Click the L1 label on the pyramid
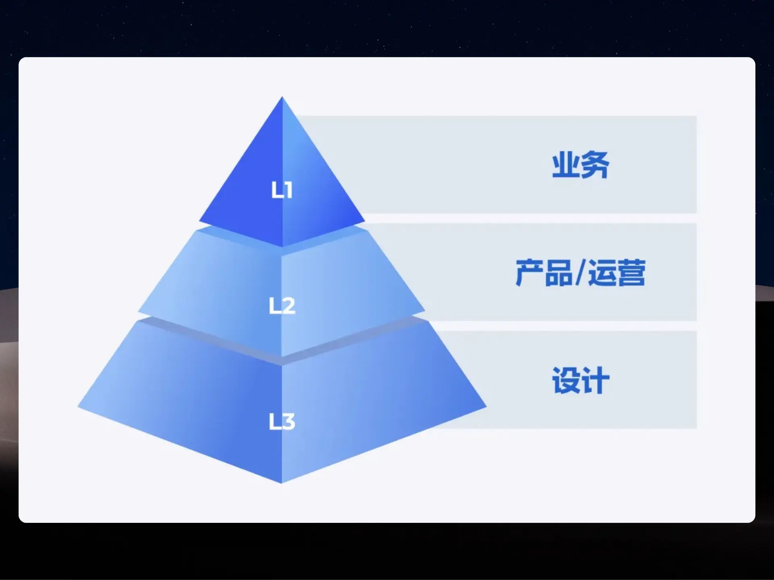point(282,190)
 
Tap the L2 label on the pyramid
point(282,305)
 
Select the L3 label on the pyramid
point(282,421)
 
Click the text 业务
point(580,165)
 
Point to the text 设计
point(580,380)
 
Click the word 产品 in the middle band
point(544,273)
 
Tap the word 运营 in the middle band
point(617,273)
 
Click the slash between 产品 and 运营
point(580,273)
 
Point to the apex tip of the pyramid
point(282,96)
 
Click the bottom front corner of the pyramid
point(281,483)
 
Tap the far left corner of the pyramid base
point(78,407)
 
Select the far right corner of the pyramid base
point(487,407)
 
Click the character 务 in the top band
point(595,165)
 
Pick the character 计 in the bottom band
point(595,380)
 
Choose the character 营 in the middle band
point(632,273)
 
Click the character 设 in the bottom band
point(566,380)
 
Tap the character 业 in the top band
point(566,165)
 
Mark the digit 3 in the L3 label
point(289,421)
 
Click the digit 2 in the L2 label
point(289,305)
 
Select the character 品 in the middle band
point(559,273)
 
